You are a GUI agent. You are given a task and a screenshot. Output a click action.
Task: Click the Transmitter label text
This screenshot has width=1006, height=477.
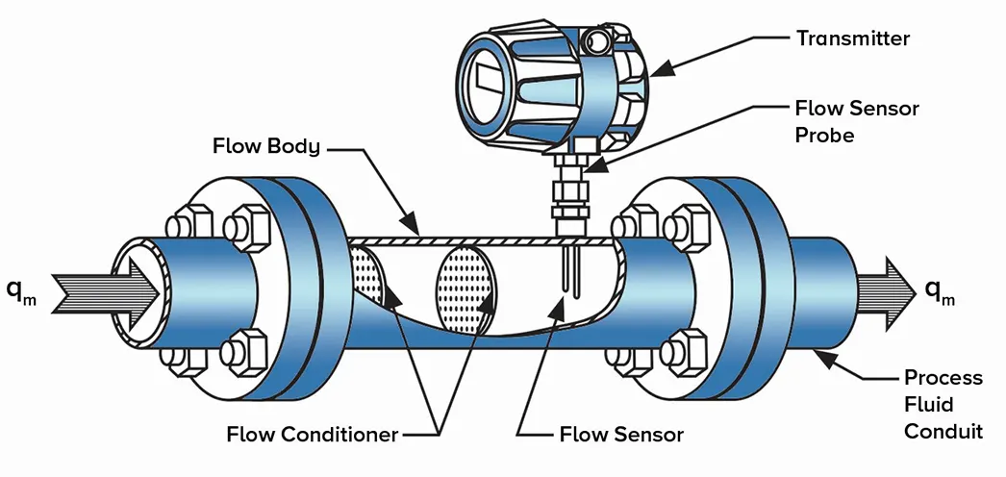point(852,38)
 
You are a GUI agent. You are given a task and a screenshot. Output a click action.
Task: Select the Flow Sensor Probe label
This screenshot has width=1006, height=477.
point(856,121)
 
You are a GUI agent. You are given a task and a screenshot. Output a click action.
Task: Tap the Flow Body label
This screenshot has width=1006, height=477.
point(267,148)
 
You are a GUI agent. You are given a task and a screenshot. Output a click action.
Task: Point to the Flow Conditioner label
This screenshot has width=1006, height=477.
point(312,434)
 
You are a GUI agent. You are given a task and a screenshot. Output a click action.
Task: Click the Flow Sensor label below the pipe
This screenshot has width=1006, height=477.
point(621,434)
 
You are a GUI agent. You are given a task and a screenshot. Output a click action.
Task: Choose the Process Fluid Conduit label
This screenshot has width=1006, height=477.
point(943,404)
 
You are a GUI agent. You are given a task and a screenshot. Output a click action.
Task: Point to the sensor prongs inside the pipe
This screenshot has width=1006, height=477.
point(568,270)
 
